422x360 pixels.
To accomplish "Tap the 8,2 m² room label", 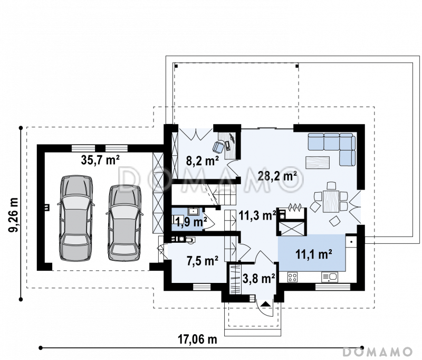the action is [x=202, y=161].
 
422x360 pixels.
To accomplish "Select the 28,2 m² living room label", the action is [x=277, y=176].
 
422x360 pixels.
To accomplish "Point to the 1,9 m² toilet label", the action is [x=191, y=222].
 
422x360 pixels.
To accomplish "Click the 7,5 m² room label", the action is [x=203, y=260].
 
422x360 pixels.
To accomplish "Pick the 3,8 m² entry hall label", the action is [x=258, y=278].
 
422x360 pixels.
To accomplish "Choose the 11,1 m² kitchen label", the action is [x=313, y=254].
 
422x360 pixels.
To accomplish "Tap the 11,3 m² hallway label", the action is [x=257, y=215].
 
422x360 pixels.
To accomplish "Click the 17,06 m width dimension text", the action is [x=197, y=339].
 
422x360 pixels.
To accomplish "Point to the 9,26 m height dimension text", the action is [x=14, y=215].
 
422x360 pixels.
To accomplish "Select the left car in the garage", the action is [x=75, y=218].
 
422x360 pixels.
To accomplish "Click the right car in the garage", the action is [x=124, y=223].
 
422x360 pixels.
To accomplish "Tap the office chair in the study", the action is [x=218, y=147].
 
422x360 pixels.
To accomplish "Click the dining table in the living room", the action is [x=331, y=201].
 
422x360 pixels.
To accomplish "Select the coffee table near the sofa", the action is [x=318, y=163].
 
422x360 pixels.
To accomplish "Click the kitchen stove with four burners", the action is [x=293, y=277].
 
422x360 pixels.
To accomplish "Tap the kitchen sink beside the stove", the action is [x=329, y=277].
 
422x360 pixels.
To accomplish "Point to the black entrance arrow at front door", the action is [x=266, y=304].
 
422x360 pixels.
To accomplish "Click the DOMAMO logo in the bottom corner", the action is [x=378, y=352].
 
